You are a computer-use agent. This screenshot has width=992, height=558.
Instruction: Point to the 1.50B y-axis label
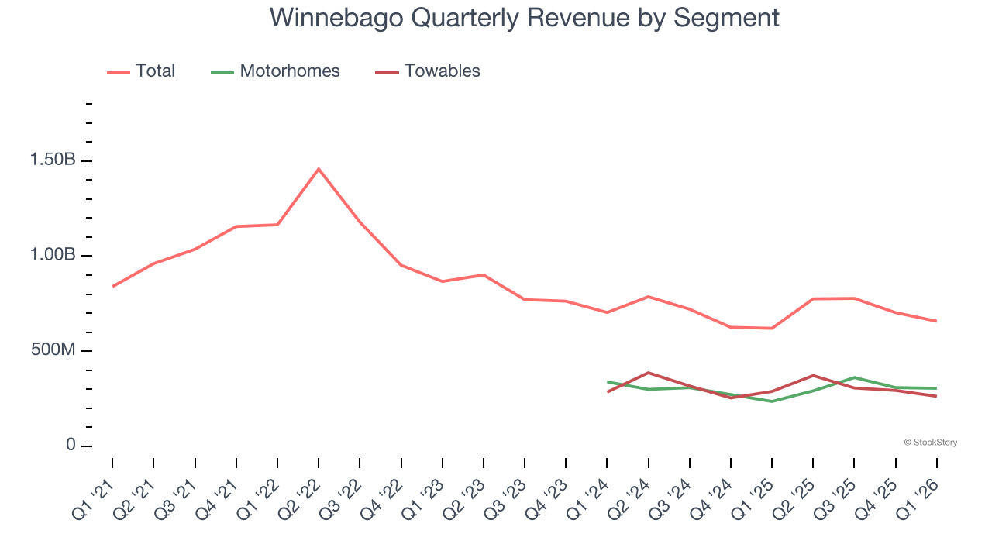[53, 160]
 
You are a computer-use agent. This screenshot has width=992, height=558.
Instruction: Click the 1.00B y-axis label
[53, 256]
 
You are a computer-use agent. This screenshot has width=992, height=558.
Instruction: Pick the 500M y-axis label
[53, 350]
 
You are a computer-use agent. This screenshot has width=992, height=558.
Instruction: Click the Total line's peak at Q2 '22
[319, 169]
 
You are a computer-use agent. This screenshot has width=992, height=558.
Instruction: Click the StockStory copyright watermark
[930, 443]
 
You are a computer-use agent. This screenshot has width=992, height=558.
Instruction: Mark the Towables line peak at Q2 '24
[648, 373]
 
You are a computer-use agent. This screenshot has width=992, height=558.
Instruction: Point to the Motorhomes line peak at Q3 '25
[854, 377]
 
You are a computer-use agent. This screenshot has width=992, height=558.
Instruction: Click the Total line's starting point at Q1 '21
[112, 287]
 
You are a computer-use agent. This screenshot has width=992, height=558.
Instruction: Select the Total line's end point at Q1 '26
[937, 321]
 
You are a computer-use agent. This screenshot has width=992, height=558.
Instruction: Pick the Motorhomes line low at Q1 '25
[772, 401]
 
